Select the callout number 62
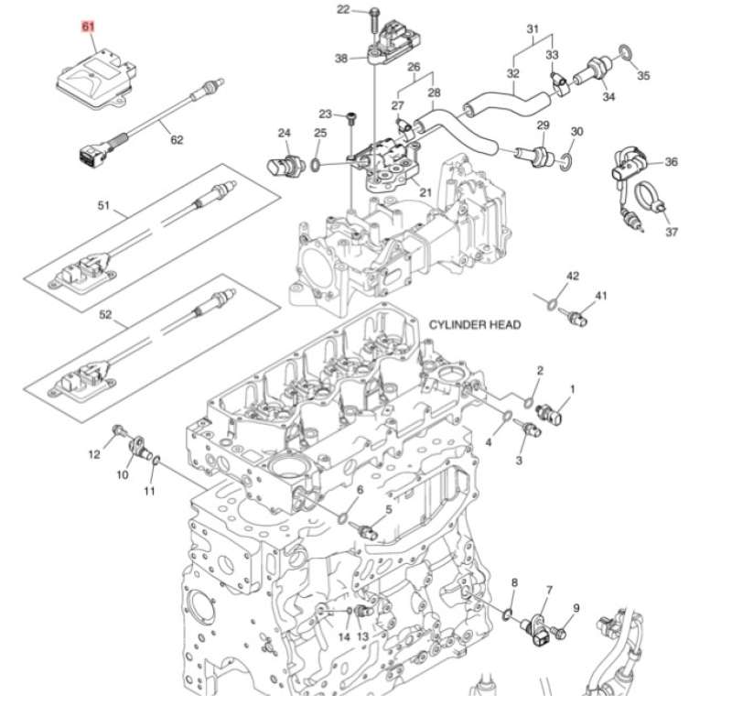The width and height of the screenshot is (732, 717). (177, 140)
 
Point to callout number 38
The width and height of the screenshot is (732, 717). (341, 59)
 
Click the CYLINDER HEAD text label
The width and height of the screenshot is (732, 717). (474, 325)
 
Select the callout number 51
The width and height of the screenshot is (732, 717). (103, 206)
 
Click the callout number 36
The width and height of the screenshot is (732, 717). (672, 162)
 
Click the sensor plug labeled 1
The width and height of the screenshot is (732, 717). (553, 414)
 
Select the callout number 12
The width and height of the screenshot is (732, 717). (94, 454)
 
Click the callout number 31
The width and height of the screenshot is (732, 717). (532, 29)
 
